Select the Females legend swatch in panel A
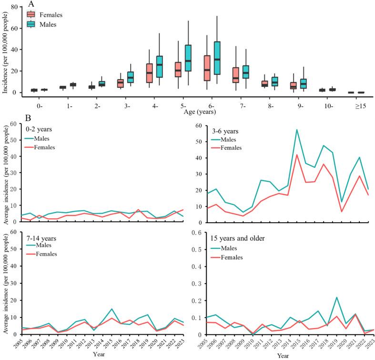tap(31, 15)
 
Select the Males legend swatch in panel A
tap(31, 24)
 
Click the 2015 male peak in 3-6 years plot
tap(283, 130)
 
